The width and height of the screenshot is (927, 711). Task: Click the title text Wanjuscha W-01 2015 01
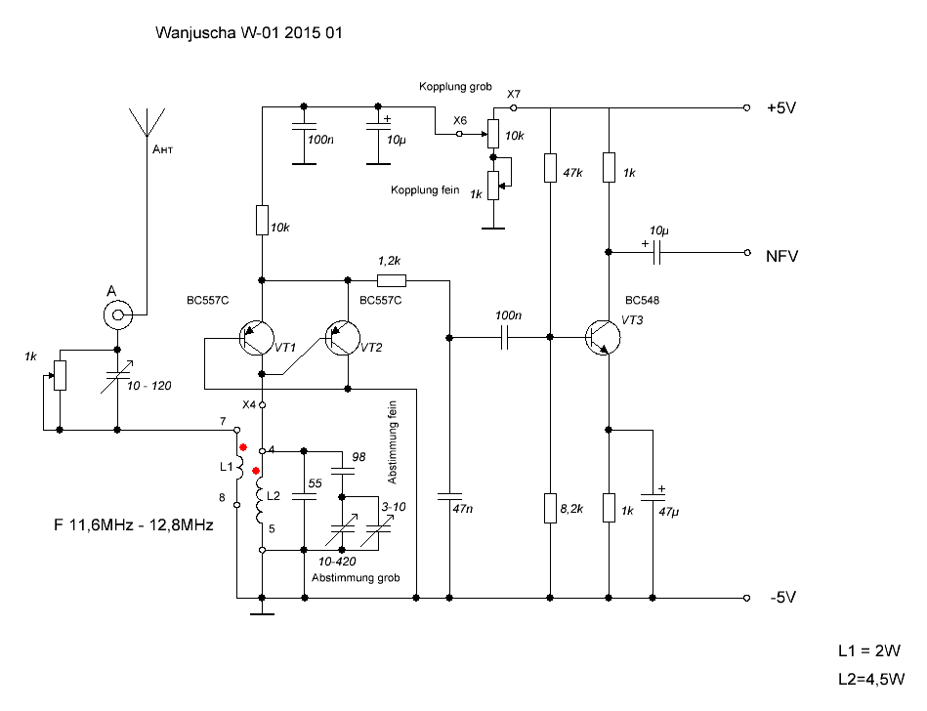[x=248, y=32]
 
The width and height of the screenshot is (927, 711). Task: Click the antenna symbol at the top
[x=146, y=122]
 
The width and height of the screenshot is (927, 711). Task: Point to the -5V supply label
[x=782, y=599]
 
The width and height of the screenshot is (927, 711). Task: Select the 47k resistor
[x=550, y=168]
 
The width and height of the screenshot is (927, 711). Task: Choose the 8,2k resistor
[x=550, y=508]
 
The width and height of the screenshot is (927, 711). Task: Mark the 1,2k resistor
[x=391, y=280]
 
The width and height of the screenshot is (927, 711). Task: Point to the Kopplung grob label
[x=456, y=87]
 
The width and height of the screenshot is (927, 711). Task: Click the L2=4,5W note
[x=871, y=680]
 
